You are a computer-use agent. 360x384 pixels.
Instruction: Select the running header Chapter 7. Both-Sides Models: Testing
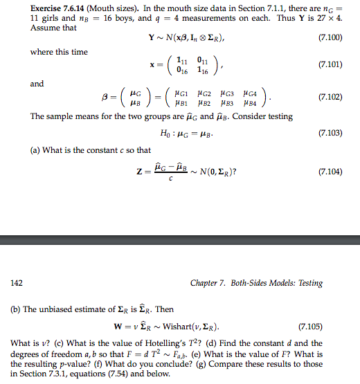(255, 283)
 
